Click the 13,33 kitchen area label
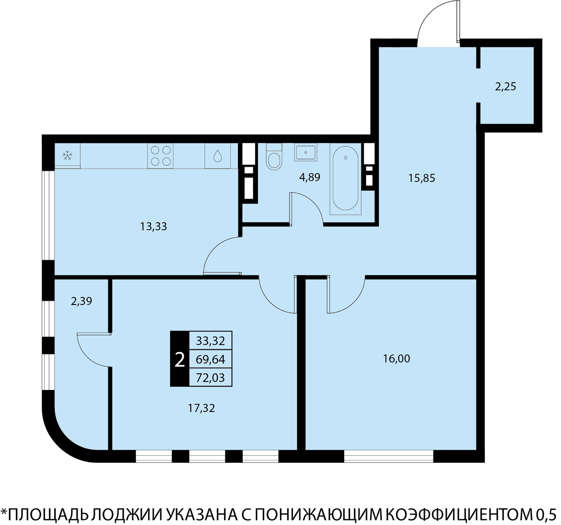click(x=154, y=227)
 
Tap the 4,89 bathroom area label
click(x=309, y=177)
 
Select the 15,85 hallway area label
click(x=422, y=178)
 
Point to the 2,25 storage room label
click(x=505, y=87)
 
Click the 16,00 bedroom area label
click(x=396, y=359)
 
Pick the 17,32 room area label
click(x=201, y=408)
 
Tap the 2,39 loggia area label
click(x=81, y=301)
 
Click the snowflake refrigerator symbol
click(x=67, y=155)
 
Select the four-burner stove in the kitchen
click(x=160, y=156)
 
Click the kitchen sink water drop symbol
click(x=217, y=156)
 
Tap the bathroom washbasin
click(x=305, y=152)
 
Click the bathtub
click(x=345, y=179)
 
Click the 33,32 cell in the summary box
click(x=210, y=341)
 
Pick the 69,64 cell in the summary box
click(x=210, y=359)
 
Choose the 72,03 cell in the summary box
click(x=210, y=377)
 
